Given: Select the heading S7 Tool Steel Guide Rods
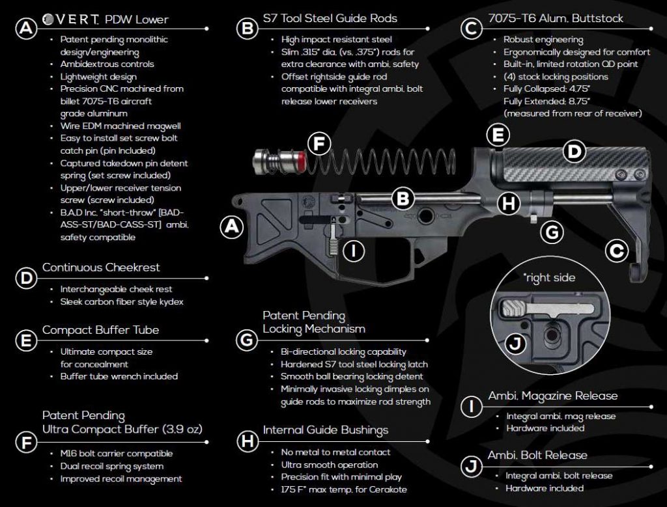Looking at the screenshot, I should (x=330, y=18).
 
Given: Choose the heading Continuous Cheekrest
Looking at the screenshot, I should (x=100, y=267).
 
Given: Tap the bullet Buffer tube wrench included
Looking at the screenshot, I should (x=119, y=376).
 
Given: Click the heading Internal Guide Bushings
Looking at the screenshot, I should (x=326, y=430).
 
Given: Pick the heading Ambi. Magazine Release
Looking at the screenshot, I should (x=552, y=396).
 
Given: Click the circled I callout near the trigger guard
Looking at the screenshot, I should (x=352, y=251).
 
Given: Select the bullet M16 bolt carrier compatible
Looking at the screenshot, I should (x=116, y=454).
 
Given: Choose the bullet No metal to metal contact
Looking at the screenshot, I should (x=335, y=452).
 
